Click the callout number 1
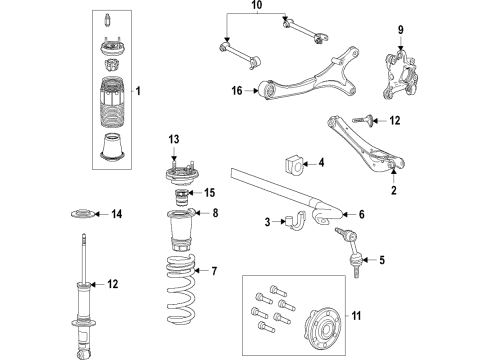pyautogui.click(x=137, y=92)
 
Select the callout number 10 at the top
pyautogui.click(x=255, y=8)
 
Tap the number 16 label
pyautogui.click(x=236, y=91)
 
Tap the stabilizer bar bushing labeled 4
pyautogui.click(x=294, y=163)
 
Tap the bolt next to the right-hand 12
pyautogui.click(x=366, y=121)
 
